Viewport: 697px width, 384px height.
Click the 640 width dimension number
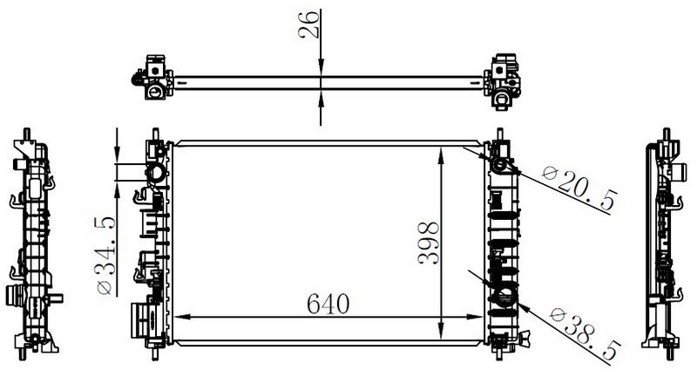328,304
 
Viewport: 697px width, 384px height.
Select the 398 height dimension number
429,243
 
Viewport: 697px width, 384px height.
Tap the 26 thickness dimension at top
309,25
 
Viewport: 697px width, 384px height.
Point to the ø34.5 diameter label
105,256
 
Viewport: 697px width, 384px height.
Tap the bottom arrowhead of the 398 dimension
441,332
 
